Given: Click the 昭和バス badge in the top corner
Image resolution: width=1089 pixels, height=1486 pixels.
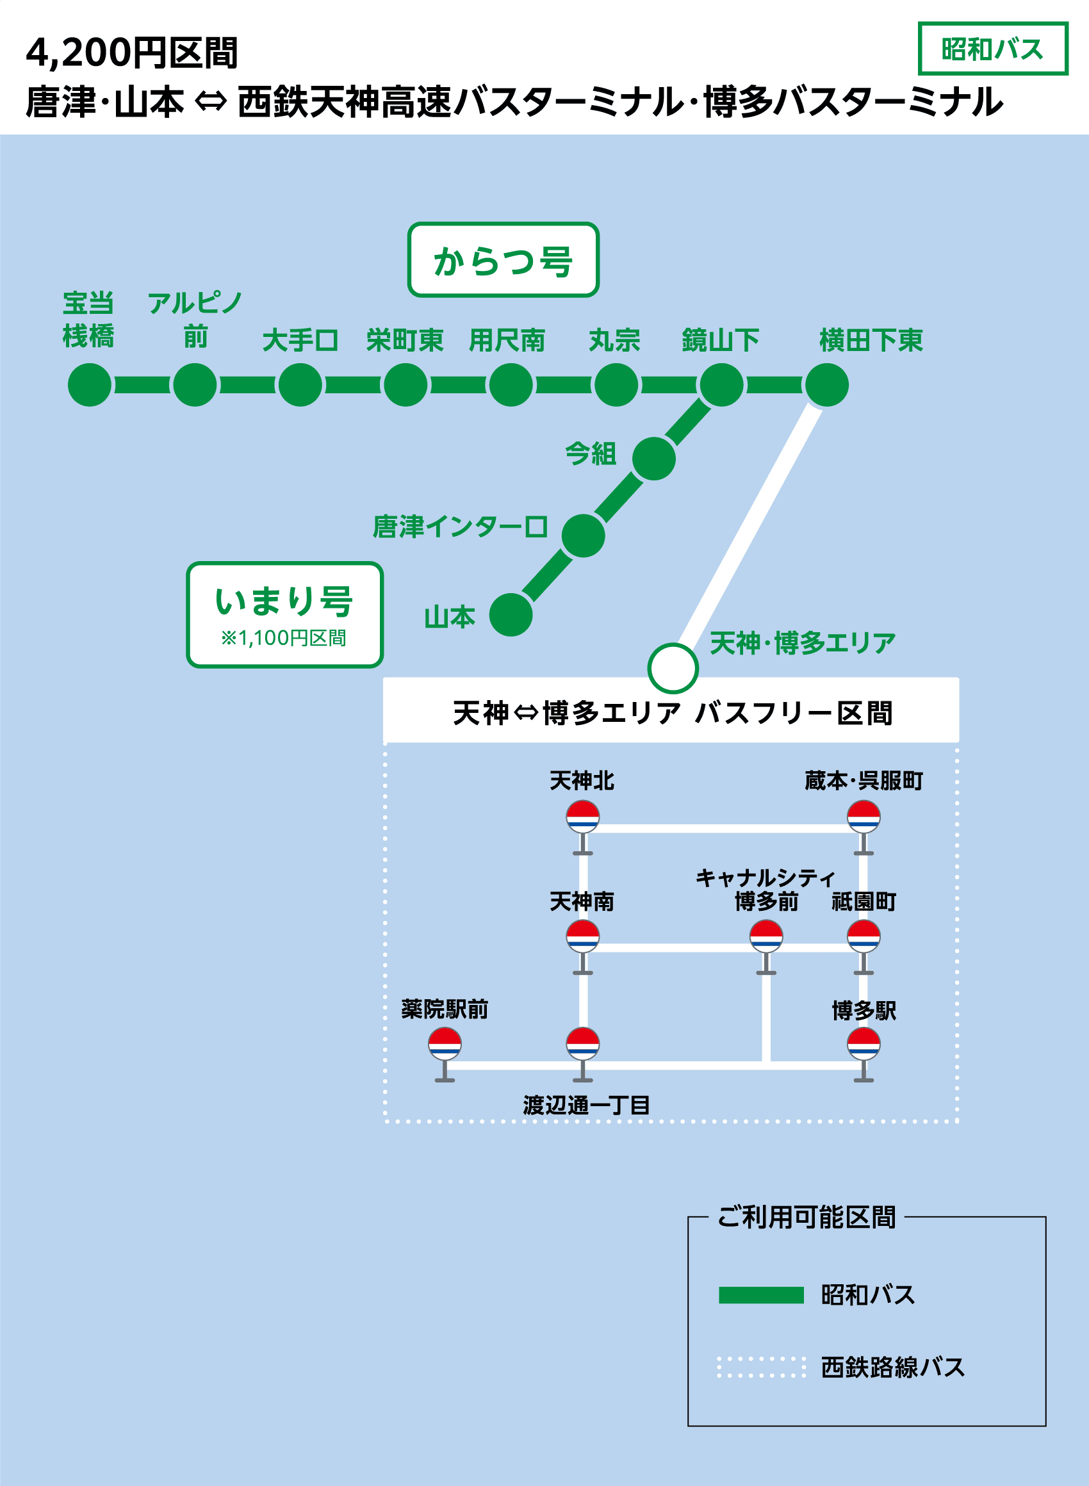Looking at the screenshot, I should coord(992,49).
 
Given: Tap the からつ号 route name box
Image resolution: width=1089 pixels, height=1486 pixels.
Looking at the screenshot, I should coord(503,259).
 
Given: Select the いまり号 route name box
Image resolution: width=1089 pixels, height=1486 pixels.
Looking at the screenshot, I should coord(284,614).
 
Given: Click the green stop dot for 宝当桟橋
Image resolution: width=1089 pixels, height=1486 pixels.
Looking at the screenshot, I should coord(90,385).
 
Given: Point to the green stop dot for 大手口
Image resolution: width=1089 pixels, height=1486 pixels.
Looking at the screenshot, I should coord(300,385).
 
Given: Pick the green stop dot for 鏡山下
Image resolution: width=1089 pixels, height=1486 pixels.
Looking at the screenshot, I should coord(722,385).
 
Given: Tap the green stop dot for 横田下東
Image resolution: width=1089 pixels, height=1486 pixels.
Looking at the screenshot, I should coord(827,385).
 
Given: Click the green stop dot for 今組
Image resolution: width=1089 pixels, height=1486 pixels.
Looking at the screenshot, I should coord(654,459).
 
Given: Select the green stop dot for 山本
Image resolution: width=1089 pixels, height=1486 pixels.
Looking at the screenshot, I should coord(511,615).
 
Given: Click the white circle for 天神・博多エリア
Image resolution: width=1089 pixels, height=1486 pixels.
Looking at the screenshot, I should coord(673,668).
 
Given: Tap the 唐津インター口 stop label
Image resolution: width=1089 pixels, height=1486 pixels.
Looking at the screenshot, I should coord(460,527).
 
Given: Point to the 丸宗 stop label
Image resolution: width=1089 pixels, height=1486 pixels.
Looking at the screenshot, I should coord(614,341).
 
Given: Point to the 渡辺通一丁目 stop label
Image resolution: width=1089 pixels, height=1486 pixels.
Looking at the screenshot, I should coord(587,1105).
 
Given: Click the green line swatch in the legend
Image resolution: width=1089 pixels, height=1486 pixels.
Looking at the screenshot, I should coord(761,1296).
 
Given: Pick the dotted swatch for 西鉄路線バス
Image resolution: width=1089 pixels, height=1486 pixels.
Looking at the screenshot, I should coord(761,1368).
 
